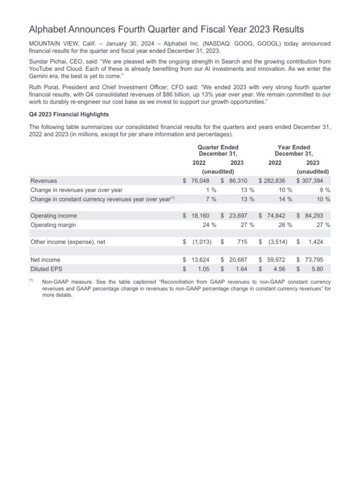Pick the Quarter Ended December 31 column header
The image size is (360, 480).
(x=218, y=150)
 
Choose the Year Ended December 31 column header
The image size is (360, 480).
(x=294, y=150)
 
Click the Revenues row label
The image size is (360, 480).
(x=44, y=180)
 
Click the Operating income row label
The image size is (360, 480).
(x=53, y=216)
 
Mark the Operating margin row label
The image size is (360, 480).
(x=53, y=225)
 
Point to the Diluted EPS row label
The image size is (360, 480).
(x=47, y=269)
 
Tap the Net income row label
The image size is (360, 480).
(x=45, y=260)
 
